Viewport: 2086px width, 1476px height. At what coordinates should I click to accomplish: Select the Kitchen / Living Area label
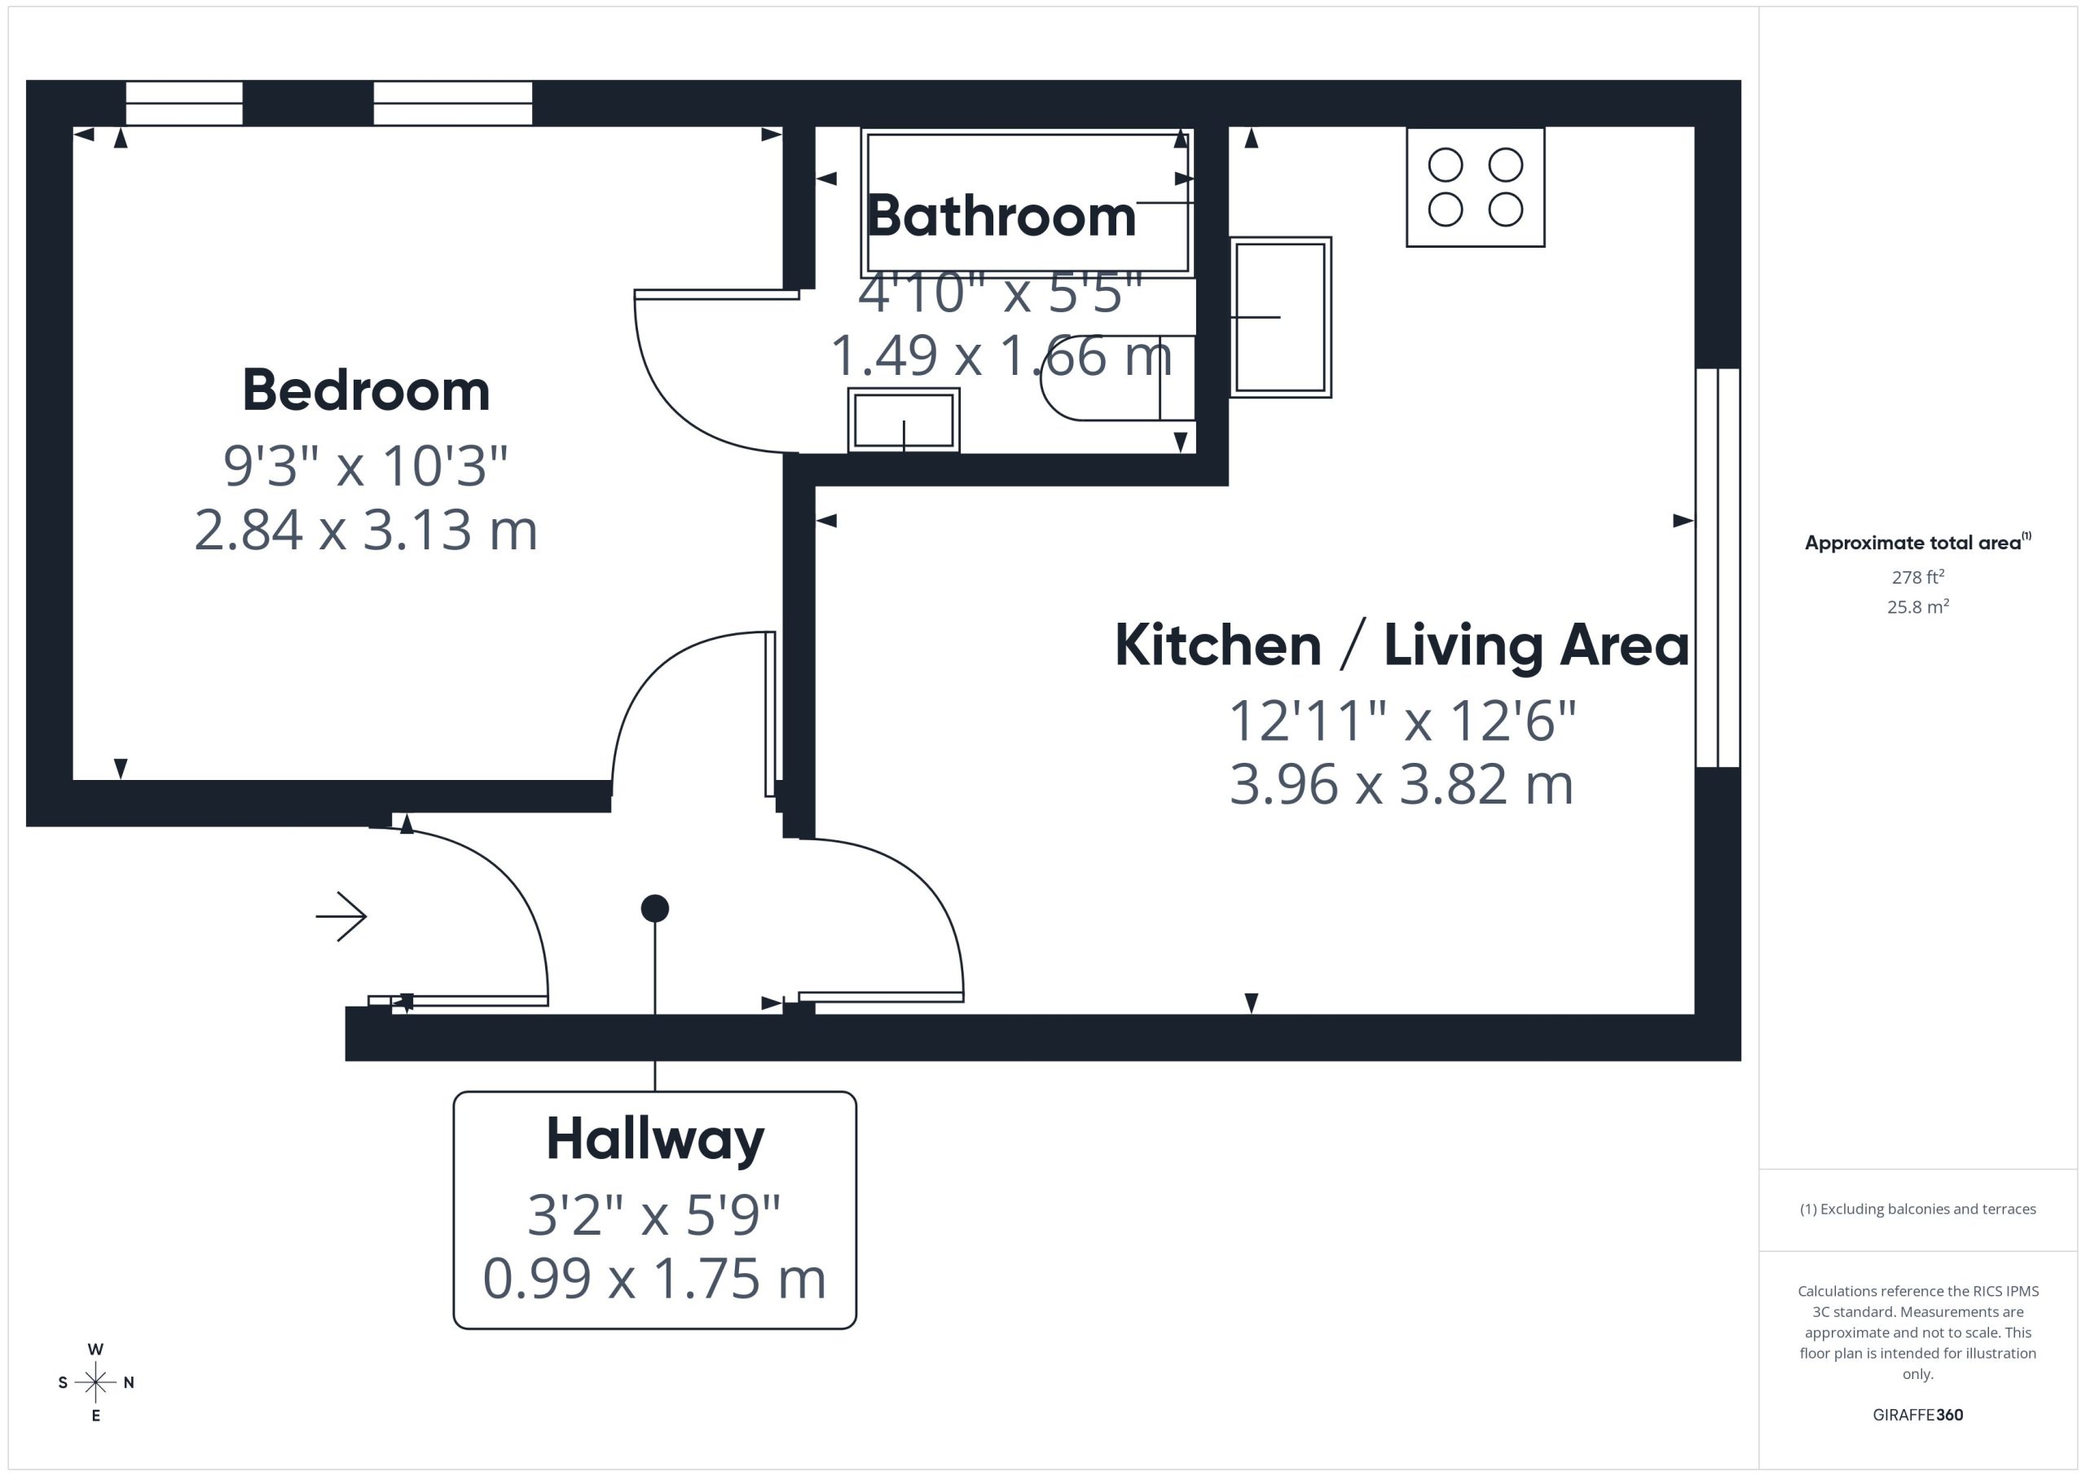pyautogui.click(x=1402, y=645)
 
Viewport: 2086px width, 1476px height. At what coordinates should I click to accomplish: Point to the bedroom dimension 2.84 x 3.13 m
pyautogui.click(x=366, y=530)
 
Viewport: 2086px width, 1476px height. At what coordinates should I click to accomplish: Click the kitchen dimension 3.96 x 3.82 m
pyautogui.click(x=1402, y=784)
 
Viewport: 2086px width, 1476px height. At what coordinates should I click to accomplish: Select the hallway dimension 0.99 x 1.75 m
pyautogui.click(x=654, y=1278)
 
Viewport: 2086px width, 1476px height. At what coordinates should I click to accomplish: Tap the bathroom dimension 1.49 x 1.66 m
pyautogui.click(x=1001, y=355)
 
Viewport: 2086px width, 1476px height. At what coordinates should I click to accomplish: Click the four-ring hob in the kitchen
pyautogui.click(x=1476, y=187)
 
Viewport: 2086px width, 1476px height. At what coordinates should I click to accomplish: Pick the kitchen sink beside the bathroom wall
pyautogui.click(x=1281, y=317)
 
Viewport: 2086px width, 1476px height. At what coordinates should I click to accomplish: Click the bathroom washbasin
pyautogui.click(x=904, y=420)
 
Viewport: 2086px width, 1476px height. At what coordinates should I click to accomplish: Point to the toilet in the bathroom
pyautogui.click(x=1117, y=377)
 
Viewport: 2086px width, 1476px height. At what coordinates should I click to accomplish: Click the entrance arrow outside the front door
pyautogui.click(x=341, y=916)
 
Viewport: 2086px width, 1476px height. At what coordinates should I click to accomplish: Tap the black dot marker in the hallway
pyautogui.click(x=655, y=908)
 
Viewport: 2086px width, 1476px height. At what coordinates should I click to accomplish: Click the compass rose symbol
pyautogui.click(x=95, y=1382)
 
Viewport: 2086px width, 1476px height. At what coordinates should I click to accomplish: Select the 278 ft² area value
pyautogui.click(x=1918, y=577)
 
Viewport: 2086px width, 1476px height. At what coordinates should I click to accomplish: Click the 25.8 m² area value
pyautogui.click(x=1918, y=607)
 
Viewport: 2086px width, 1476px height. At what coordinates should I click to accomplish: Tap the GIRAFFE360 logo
pyautogui.click(x=1918, y=1415)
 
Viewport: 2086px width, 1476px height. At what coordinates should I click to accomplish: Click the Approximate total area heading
pyautogui.click(x=1918, y=543)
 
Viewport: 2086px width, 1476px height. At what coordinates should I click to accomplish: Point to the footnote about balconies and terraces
pyautogui.click(x=1918, y=1209)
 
